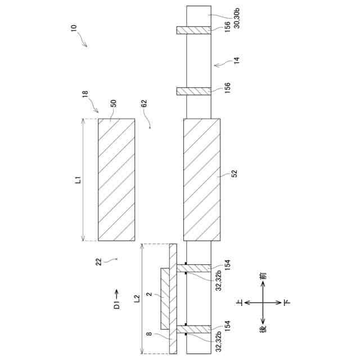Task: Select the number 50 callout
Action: pos(113,104)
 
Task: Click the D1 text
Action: pos(116,306)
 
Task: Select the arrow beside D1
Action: pos(116,292)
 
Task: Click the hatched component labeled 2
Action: pos(165,299)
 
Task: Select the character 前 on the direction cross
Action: pos(264,277)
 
